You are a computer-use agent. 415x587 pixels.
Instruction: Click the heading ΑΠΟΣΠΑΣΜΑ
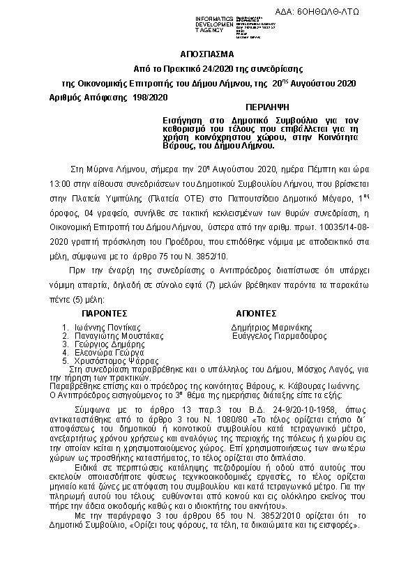pos(207,54)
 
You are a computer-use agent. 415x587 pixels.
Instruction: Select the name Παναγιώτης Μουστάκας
pos(114,335)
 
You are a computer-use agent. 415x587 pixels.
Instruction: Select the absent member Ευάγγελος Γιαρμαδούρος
pos(279,335)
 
